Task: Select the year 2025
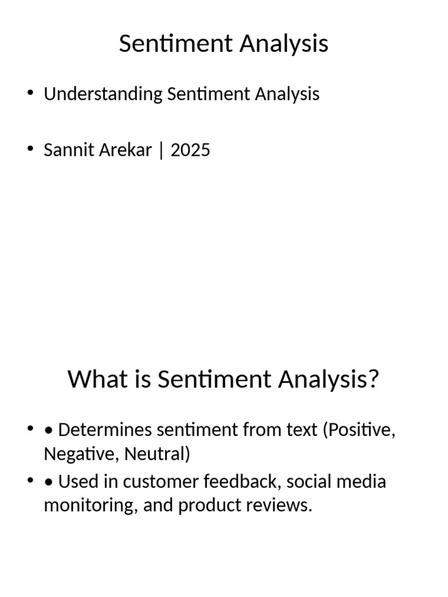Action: [x=190, y=150]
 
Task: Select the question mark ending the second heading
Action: [x=373, y=380]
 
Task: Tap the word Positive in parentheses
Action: [x=360, y=431]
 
